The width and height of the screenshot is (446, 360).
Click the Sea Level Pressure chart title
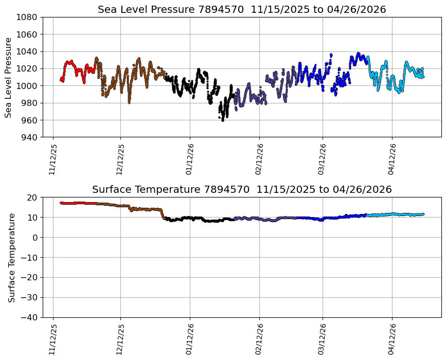pos(242,9)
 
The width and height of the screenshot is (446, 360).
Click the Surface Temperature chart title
pos(242,189)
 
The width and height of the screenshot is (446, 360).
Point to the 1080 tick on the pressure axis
pos(26,17)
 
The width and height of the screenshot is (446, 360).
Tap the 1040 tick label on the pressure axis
pos(26,51)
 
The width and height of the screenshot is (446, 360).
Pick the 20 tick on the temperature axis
pos(32,197)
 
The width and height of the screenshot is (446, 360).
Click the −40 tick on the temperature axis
pos(29,317)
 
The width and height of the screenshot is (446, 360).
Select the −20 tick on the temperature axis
pos(29,277)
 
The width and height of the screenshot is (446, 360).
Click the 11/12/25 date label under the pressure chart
pos(52,159)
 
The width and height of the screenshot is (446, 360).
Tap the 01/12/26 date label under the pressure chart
pos(189,159)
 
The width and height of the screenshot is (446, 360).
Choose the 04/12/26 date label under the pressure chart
pos(391,159)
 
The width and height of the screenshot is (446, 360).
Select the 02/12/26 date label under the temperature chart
pos(259,339)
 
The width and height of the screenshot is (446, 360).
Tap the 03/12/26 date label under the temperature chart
pos(323,339)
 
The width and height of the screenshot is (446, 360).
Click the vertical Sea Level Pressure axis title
pos(9,77)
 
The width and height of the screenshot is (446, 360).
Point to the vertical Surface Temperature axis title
pos(11,257)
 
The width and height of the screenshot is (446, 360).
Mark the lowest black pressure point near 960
pos(222,120)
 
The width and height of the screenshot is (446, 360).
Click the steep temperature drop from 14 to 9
pos(163,214)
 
